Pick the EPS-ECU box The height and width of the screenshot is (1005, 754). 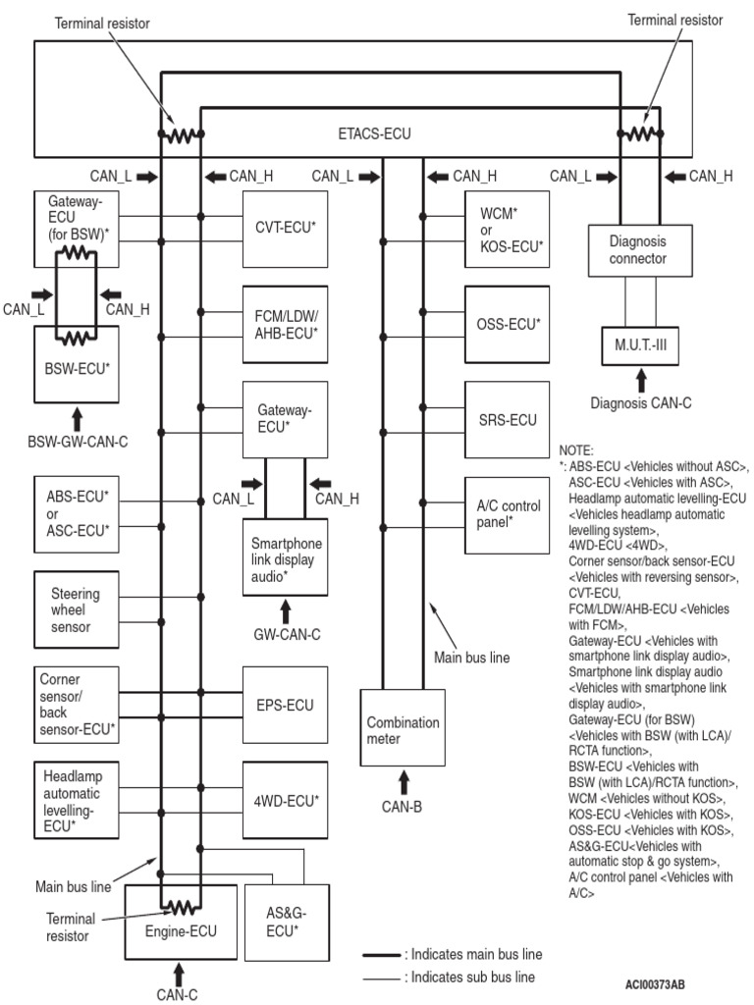[285, 704]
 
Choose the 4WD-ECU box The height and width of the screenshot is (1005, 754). [285, 800]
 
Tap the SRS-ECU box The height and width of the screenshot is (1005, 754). [506, 420]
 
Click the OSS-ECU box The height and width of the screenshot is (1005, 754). [506, 322]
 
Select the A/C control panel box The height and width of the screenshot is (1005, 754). [506, 514]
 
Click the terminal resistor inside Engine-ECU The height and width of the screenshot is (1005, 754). [180, 907]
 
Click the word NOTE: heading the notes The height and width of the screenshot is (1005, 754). [575, 450]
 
